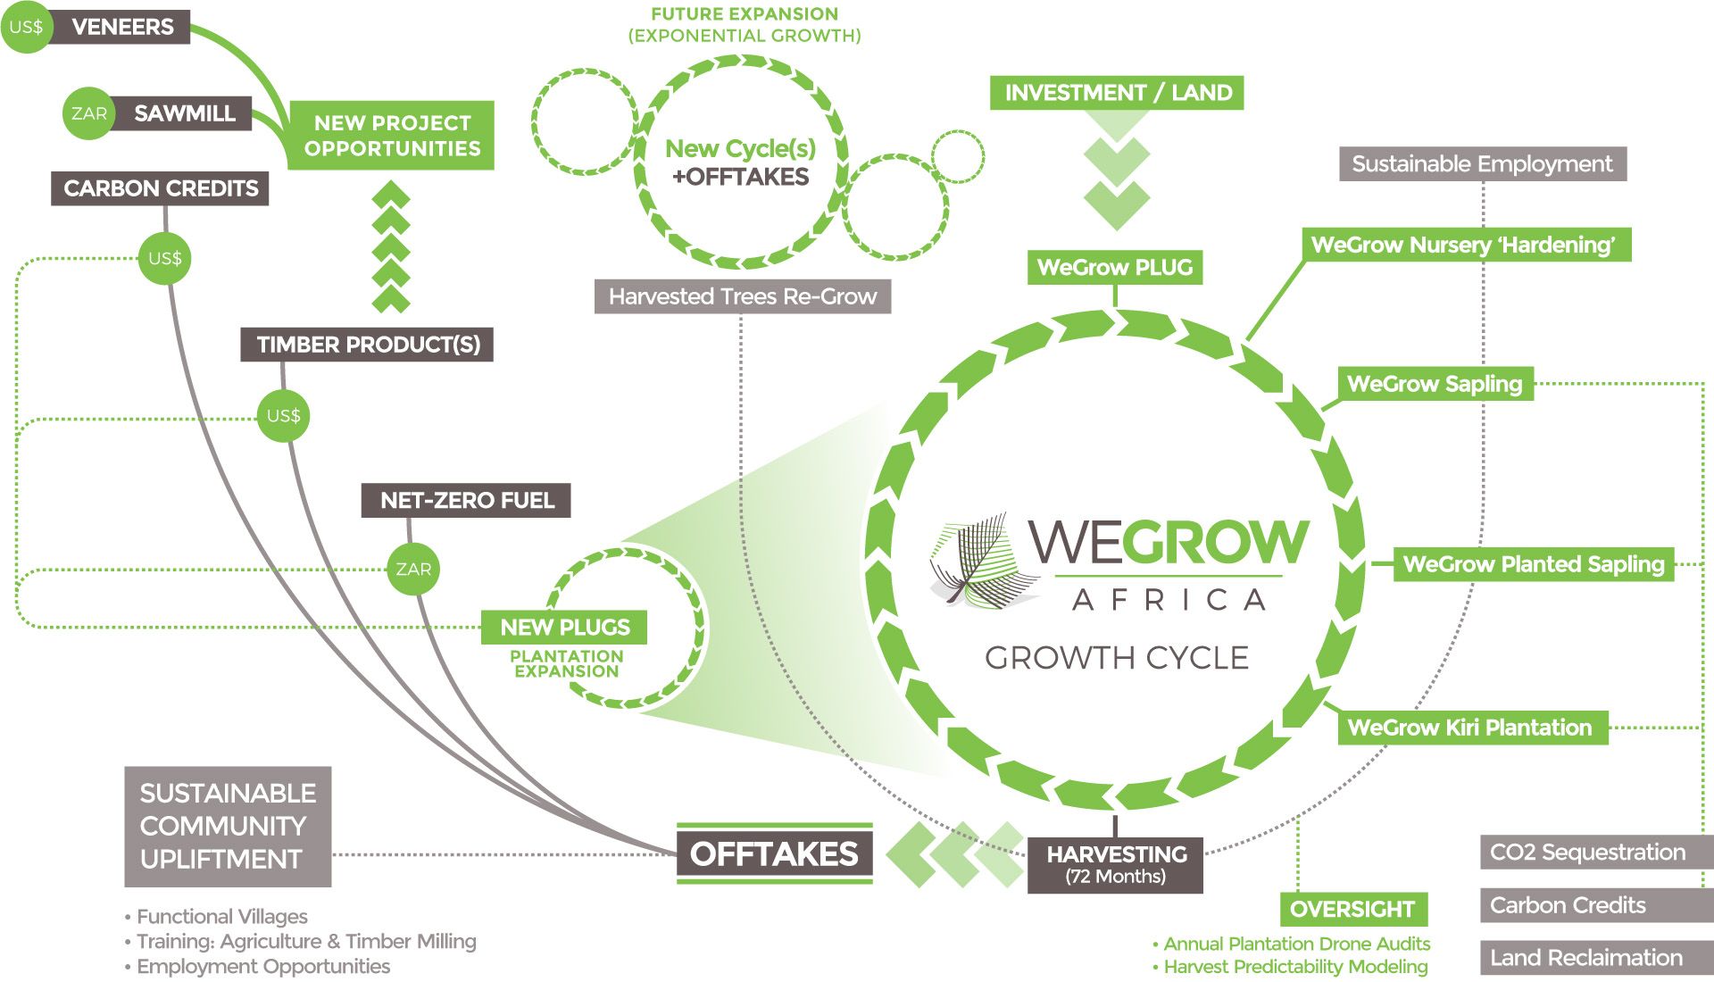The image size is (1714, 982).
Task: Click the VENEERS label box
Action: (x=121, y=27)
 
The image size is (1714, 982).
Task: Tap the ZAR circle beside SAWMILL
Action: (x=88, y=113)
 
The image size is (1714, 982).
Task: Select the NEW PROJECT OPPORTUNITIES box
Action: (x=391, y=136)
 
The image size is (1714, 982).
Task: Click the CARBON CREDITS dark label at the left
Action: (x=160, y=188)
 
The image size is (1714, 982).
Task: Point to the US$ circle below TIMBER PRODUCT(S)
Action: (x=283, y=415)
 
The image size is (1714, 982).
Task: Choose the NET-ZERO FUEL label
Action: (x=466, y=500)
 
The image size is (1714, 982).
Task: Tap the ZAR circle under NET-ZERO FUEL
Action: (x=413, y=569)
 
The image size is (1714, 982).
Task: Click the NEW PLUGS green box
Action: (x=564, y=627)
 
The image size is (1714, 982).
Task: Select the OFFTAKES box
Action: (x=774, y=853)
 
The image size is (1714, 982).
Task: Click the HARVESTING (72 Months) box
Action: (x=1116, y=864)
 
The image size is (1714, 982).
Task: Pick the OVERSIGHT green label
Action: (x=1352, y=909)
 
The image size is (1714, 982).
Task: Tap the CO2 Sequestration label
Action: (x=1587, y=852)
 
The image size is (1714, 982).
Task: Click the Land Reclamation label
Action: (x=1585, y=958)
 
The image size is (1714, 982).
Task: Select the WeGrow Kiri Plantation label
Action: (x=1469, y=728)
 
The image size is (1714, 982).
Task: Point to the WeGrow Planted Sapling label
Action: (x=1533, y=564)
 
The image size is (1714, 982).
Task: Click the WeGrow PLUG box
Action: (x=1115, y=267)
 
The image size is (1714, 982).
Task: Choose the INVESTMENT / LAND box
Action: (x=1117, y=93)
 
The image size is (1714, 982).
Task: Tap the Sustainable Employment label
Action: (x=1482, y=164)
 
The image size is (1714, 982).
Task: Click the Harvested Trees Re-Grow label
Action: (x=743, y=296)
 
